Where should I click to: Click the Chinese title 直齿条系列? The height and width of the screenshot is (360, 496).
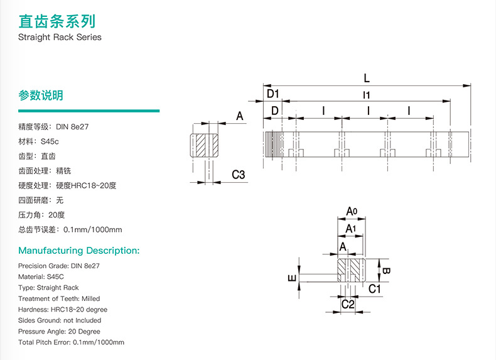pyautogui.click(x=57, y=21)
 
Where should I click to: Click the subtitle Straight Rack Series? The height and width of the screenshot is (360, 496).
pyautogui.click(x=60, y=37)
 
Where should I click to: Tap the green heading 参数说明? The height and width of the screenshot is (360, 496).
pyautogui.click(x=41, y=95)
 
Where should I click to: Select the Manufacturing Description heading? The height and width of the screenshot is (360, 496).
pyautogui.click(x=78, y=251)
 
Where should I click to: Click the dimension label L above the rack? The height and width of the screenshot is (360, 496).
pyautogui.click(x=367, y=78)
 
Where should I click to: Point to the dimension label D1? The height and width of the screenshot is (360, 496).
pyautogui.click(x=273, y=94)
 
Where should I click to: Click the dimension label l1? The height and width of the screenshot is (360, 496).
pyautogui.click(x=366, y=95)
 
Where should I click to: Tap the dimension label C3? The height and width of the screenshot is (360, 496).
pyautogui.click(x=239, y=175)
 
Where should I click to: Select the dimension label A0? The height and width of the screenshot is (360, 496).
pyautogui.click(x=352, y=211)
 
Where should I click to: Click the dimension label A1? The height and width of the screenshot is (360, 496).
pyautogui.click(x=351, y=229)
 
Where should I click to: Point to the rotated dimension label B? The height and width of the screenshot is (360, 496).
pyautogui.click(x=386, y=271)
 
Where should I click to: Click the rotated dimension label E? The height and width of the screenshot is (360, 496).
pyautogui.click(x=293, y=278)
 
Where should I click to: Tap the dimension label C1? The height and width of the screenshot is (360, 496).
pyautogui.click(x=375, y=289)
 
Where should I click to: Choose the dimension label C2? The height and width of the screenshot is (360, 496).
pyautogui.click(x=348, y=304)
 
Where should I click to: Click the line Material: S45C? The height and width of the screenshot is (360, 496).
pyautogui.click(x=41, y=276)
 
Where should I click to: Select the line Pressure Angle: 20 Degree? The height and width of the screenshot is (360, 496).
pyautogui.click(x=59, y=332)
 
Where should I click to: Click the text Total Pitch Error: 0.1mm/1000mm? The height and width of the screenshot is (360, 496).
pyautogui.click(x=71, y=342)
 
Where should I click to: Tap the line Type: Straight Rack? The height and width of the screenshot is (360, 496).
pyautogui.click(x=48, y=288)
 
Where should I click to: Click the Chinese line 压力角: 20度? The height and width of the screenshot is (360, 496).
pyautogui.click(x=41, y=215)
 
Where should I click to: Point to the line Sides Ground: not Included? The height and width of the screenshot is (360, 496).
pyautogui.click(x=60, y=320)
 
